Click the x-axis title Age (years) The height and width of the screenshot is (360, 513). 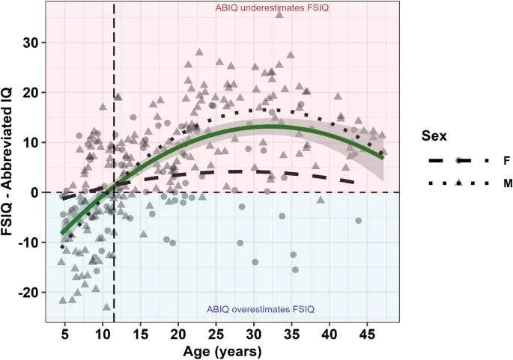pyautogui.click(x=222, y=350)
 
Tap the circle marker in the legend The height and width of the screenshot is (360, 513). pyautogui.click(x=458, y=160)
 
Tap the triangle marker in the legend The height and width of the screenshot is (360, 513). pyautogui.click(x=458, y=183)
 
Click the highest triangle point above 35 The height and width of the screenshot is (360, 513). pyautogui.click(x=279, y=14)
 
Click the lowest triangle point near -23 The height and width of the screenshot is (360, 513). pyautogui.click(x=106, y=306)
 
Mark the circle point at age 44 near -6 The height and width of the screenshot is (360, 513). pyautogui.click(x=359, y=221)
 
